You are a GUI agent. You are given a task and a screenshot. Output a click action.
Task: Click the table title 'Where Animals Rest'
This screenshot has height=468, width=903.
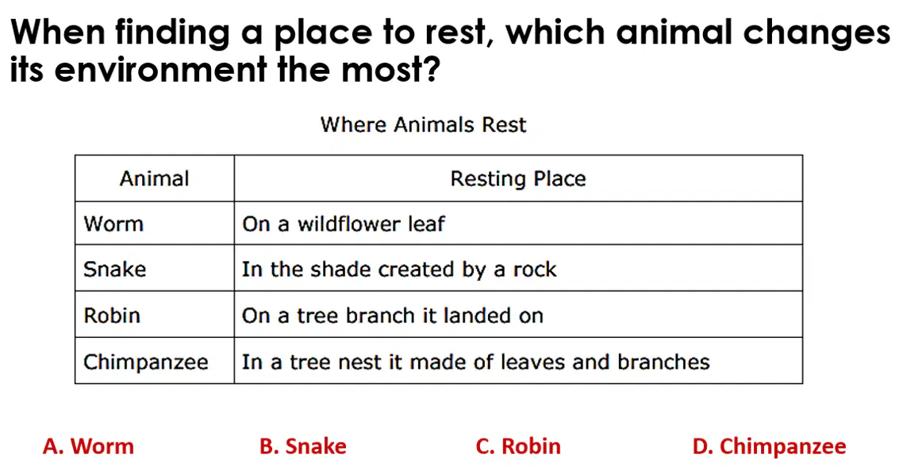click(423, 125)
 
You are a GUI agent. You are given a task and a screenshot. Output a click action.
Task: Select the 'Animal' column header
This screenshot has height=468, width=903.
click(155, 178)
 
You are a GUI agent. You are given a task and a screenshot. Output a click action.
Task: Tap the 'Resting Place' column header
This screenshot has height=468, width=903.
click(518, 178)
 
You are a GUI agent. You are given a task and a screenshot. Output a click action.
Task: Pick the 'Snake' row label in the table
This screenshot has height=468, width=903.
click(114, 270)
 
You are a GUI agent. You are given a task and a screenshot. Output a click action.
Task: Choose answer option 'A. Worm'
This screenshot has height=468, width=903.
click(88, 446)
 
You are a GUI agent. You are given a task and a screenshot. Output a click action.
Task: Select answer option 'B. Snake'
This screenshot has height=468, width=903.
click(303, 446)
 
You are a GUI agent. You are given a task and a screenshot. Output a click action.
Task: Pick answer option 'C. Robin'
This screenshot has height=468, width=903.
click(518, 446)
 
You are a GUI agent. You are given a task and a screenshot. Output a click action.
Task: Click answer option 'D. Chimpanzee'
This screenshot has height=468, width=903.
click(770, 447)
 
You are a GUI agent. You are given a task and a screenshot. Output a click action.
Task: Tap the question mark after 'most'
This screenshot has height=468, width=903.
click(432, 69)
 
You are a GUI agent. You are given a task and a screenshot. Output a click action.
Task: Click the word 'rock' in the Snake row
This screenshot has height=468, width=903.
click(535, 270)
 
